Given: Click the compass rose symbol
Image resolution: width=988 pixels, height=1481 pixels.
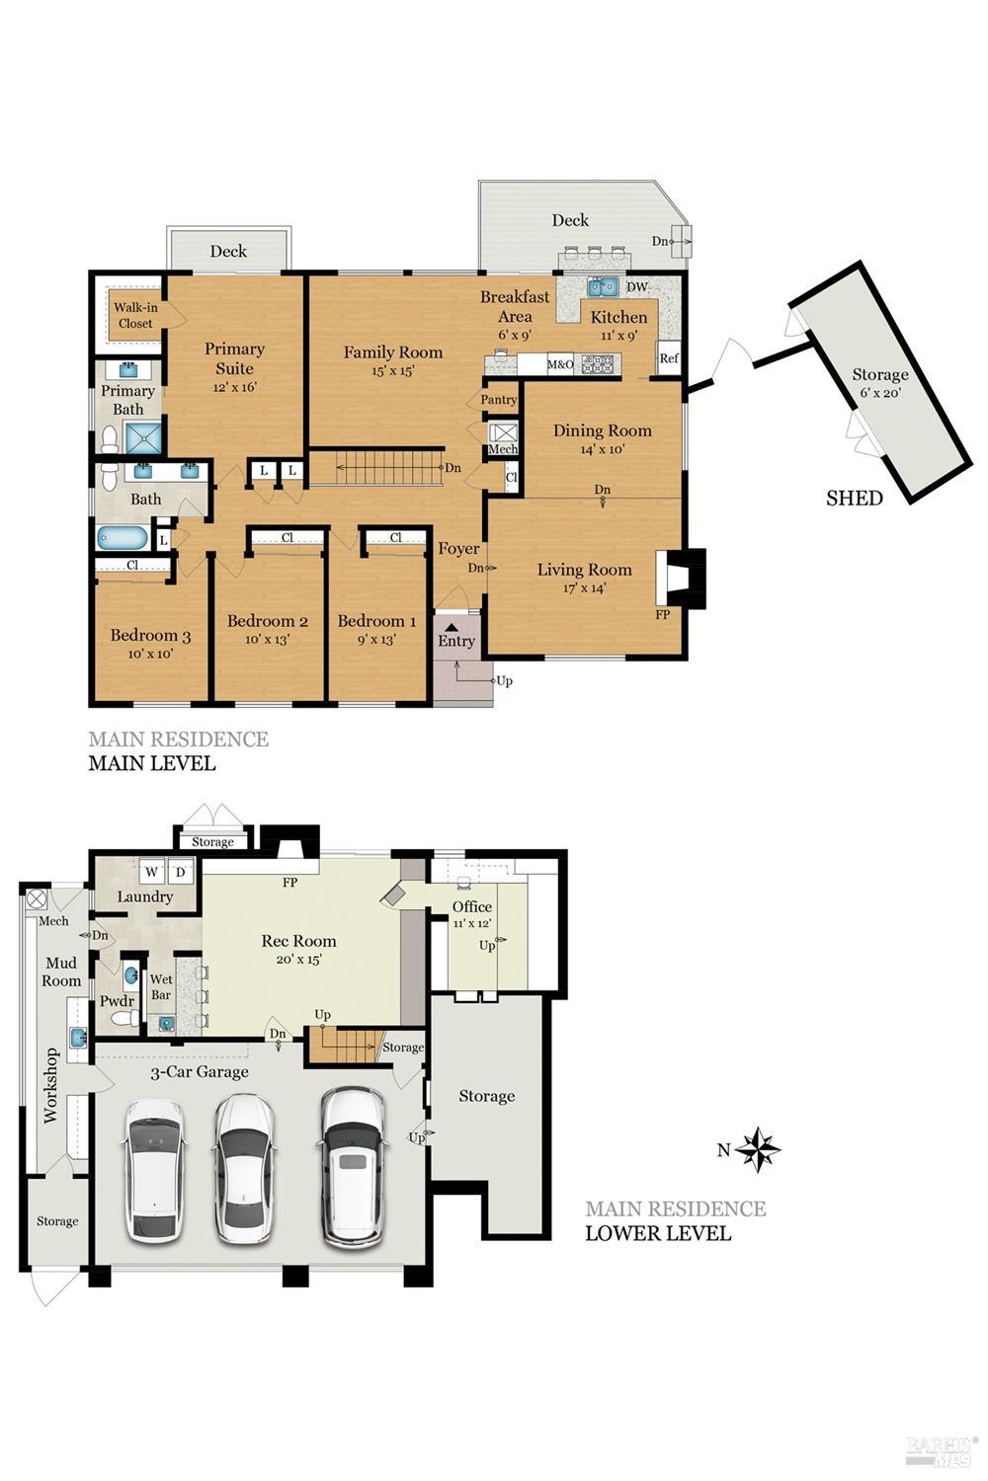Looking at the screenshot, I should pos(758,1149).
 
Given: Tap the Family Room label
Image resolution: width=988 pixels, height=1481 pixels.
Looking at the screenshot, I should pos(392,351).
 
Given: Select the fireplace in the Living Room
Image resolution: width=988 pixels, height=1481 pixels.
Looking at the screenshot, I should pos(680,578).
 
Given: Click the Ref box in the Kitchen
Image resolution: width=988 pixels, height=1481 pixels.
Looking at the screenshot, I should pos(669,358).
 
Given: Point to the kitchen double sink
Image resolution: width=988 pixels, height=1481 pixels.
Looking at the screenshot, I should pos(602,287).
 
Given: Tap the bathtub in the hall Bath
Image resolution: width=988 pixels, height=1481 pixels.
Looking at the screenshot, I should pos(123,539).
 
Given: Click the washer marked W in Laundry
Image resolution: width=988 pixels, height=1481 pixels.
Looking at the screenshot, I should pos(152,872).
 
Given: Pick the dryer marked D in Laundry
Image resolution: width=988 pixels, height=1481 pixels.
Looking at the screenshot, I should pos(181,872).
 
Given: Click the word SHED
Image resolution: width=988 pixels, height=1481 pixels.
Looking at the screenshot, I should pos(854,499).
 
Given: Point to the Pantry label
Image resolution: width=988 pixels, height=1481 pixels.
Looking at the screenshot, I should pos(499,400).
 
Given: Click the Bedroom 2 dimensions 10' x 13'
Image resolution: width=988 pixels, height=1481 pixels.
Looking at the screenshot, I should pos(267,639).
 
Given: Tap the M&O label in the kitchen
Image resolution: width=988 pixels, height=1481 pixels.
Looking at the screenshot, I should pos(560,364).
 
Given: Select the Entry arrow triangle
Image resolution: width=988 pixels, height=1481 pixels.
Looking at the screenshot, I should pos(451,625).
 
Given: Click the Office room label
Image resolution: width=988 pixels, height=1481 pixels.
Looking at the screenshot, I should pos(471,906).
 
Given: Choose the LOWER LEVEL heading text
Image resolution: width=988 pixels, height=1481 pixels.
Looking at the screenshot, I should pos(657,1233).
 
